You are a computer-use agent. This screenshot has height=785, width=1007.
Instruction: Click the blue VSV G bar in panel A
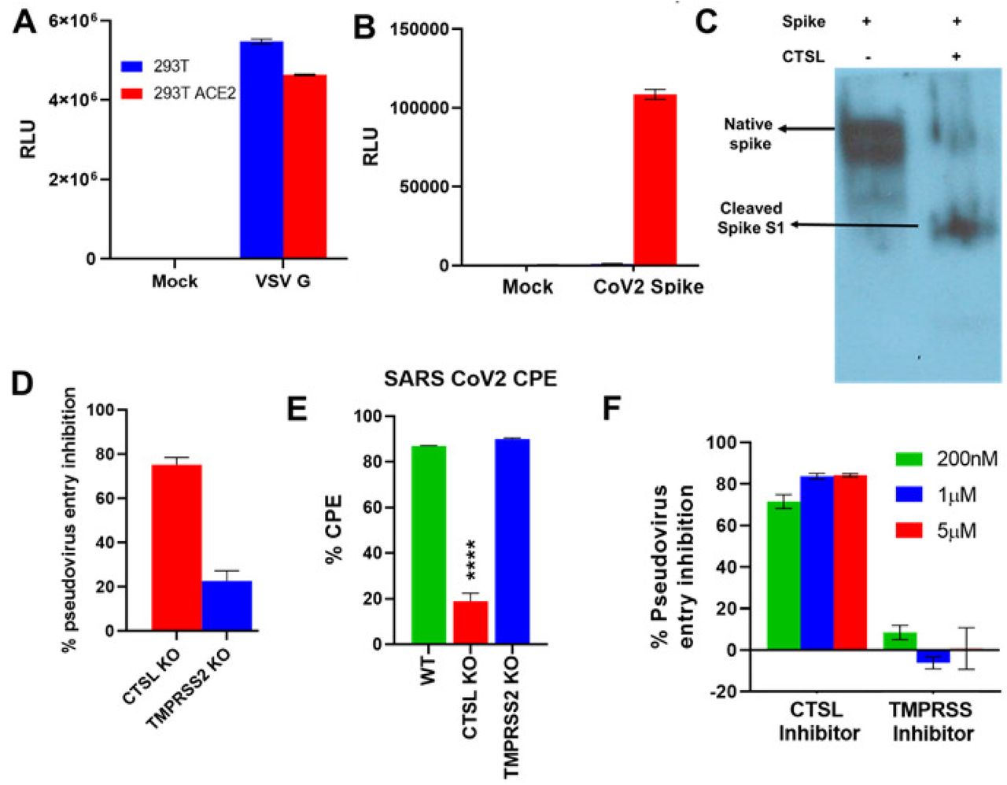click(261, 149)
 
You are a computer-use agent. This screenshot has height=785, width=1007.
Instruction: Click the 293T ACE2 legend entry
click(181, 94)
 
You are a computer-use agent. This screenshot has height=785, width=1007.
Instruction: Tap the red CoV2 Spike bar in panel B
click(655, 180)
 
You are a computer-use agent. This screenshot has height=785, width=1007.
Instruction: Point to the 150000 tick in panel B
click(420, 30)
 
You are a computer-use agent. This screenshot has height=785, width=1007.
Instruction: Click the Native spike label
click(748, 135)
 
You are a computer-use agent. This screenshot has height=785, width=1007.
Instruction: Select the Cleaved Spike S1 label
click(750, 218)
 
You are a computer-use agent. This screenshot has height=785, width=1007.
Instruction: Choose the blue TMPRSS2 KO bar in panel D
click(227, 606)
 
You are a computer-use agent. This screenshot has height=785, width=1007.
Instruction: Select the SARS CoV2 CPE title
click(470, 379)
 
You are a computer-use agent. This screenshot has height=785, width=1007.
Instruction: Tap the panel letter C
click(706, 20)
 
